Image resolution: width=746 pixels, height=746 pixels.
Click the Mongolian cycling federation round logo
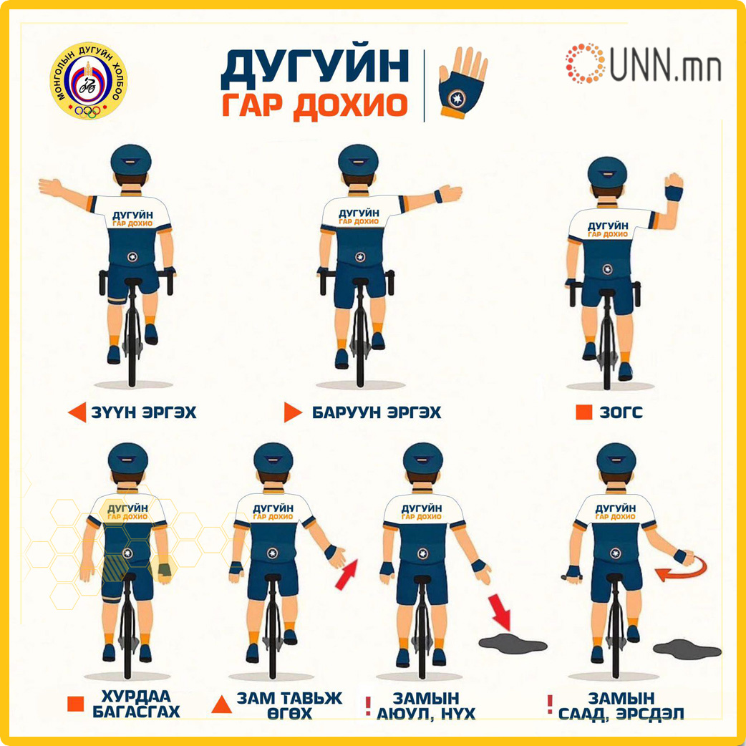coord(89,81)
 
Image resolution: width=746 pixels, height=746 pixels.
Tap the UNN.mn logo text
coord(666,63)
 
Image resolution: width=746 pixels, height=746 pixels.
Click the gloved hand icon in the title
coord(462,82)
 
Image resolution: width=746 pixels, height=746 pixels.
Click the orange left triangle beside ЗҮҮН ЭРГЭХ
coord(77,412)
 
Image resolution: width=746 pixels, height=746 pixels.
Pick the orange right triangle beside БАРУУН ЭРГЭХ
coord(293,412)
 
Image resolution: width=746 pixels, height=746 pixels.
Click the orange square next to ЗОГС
coord(583,412)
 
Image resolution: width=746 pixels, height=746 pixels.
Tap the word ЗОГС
coord(621,412)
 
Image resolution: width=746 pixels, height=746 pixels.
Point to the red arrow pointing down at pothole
coord(499,611)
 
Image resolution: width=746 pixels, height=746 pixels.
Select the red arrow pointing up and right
coord(347,575)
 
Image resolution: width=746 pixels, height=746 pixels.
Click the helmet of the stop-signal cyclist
coord(606,173)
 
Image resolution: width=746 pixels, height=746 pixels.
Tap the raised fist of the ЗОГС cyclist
coord(674,182)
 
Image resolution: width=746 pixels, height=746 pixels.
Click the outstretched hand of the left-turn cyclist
coord(51,187)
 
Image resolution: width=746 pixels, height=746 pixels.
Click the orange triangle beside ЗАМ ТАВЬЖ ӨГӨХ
coord(222,704)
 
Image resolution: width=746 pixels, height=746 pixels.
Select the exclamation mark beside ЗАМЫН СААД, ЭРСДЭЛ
coord(550,704)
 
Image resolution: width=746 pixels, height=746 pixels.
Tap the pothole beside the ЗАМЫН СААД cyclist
coord(687,649)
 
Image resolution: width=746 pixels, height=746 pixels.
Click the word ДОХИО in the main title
coord(349,105)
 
